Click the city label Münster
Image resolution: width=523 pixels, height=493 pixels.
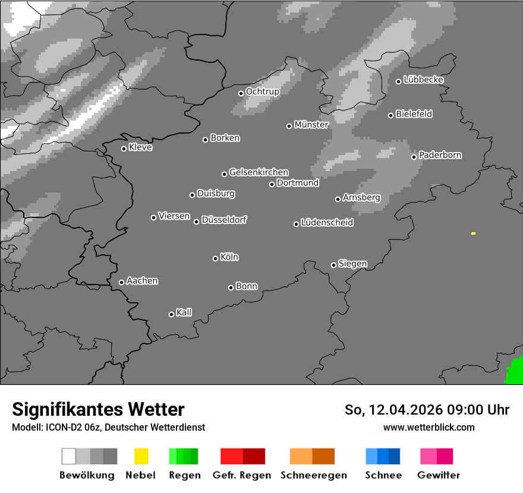[x=311, y=125]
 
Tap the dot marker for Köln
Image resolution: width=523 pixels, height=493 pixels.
[x=215, y=258]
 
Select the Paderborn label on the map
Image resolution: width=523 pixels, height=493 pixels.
[x=440, y=155]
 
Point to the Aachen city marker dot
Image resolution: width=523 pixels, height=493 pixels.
[x=121, y=282]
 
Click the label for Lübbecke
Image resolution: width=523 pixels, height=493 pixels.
[x=423, y=80]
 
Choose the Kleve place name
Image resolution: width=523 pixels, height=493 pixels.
[x=140, y=147]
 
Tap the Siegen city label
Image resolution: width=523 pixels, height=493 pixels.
[x=352, y=264]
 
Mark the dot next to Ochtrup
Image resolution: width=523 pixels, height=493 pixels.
[x=241, y=93]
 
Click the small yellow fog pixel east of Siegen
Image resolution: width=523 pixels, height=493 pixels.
[x=473, y=233]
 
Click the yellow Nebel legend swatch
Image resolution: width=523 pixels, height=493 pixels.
[x=141, y=456]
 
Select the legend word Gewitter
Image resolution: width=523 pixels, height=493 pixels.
[x=439, y=475]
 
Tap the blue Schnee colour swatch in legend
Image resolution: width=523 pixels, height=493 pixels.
[x=383, y=456]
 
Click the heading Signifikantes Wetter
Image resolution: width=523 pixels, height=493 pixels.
[x=98, y=409]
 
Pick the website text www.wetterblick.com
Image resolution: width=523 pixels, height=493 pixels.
[x=429, y=427]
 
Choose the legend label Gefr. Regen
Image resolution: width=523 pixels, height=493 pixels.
[x=242, y=475]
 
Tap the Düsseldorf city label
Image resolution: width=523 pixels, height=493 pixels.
[x=224, y=220]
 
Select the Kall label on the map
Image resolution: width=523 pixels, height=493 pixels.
[x=184, y=312]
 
